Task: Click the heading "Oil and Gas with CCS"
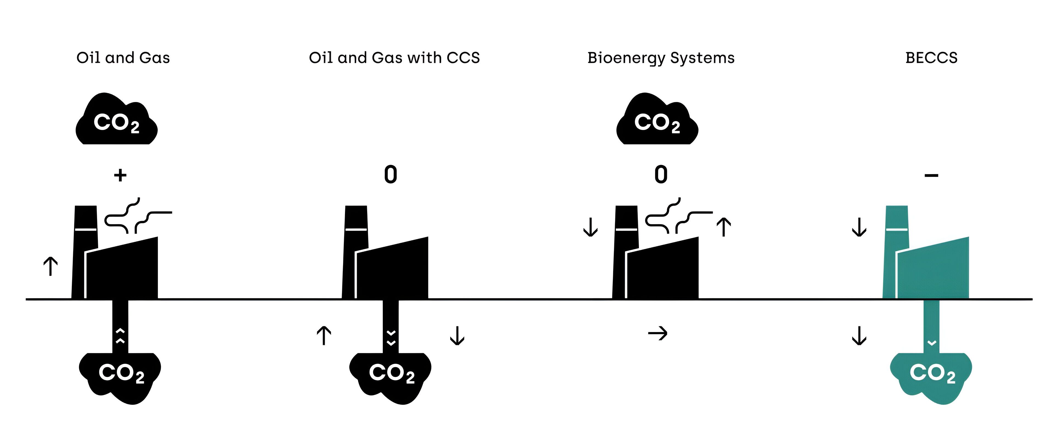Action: (394, 58)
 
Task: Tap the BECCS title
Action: (931, 58)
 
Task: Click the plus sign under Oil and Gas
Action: (120, 175)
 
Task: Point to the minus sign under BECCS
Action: (931, 176)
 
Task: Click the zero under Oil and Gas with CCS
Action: (390, 175)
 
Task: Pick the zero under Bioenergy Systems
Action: (661, 175)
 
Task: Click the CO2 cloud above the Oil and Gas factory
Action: (117, 121)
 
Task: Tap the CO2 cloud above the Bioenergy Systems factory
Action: (657, 121)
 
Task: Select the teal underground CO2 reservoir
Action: (931, 376)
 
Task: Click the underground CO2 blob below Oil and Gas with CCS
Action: (390, 376)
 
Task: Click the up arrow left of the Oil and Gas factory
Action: (50, 266)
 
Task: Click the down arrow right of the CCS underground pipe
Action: (457, 335)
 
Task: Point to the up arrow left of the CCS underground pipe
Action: (324, 335)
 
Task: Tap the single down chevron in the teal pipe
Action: (932, 342)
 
